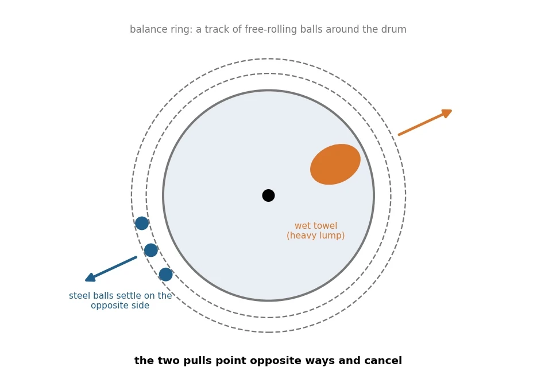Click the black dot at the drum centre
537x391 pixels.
click(269, 196)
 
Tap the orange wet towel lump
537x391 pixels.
click(335, 165)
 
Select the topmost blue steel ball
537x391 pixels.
click(142, 223)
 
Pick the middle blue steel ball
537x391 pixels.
click(151, 250)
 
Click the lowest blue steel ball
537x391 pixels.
click(166, 275)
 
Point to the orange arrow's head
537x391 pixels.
click(447, 113)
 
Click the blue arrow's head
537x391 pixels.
click(90, 277)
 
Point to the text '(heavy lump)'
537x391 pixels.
click(316, 236)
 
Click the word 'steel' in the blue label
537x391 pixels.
click(79, 296)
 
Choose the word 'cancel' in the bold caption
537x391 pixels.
click(385, 361)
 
